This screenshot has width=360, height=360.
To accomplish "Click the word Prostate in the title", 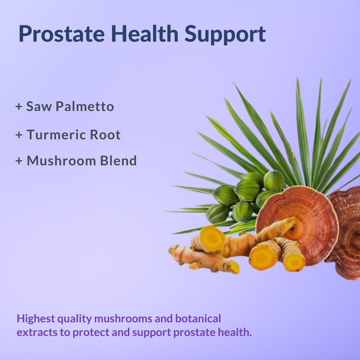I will [x=62, y=34].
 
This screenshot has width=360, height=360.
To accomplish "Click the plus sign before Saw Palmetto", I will [x=19, y=107].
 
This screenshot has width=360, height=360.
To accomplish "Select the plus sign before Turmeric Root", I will [x=19, y=135].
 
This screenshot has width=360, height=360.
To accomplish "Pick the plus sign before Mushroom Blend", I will [x=19, y=161].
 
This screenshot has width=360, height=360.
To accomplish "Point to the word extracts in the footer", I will [x=38, y=332].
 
